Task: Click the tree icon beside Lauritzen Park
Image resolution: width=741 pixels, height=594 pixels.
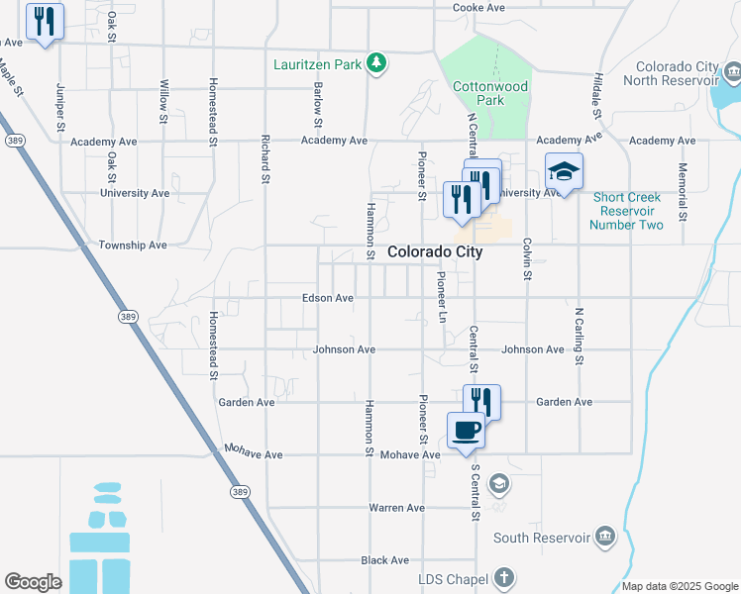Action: (x=376, y=63)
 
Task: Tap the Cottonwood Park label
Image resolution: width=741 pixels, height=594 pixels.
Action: (x=490, y=93)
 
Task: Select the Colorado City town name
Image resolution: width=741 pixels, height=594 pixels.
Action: (x=435, y=251)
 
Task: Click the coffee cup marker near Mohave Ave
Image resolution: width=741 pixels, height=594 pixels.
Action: (x=466, y=431)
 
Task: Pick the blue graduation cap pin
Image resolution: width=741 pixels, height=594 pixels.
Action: (x=564, y=171)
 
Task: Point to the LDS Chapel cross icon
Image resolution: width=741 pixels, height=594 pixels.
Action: (x=503, y=577)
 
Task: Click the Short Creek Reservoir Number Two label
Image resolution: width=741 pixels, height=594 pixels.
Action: (x=626, y=211)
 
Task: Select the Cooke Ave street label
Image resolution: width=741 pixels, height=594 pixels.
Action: (x=478, y=7)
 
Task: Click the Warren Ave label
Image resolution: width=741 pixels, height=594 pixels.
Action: (x=396, y=508)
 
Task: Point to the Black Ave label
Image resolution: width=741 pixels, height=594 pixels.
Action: (x=384, y=560)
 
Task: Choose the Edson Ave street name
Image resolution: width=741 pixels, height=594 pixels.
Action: (x=328, y=298)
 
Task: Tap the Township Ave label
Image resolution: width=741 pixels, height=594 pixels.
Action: (x=133, y=245)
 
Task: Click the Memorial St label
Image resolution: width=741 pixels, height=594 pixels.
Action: (x=683, y=192)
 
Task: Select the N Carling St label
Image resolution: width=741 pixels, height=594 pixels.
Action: (x=579, y=337)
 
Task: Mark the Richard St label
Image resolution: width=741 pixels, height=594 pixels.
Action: (x=265, y=159)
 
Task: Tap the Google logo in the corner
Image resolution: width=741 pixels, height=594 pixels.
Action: (x=33, y=582)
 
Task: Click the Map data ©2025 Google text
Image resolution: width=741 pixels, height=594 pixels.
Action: (x=681, y=587)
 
